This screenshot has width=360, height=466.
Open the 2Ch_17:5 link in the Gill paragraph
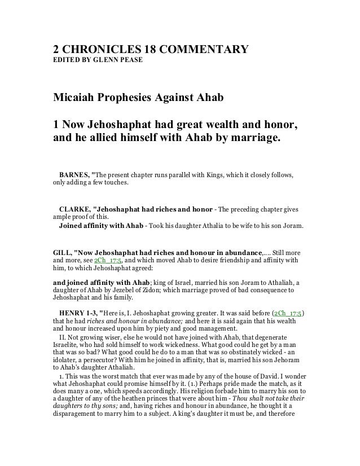coord(108,261)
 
